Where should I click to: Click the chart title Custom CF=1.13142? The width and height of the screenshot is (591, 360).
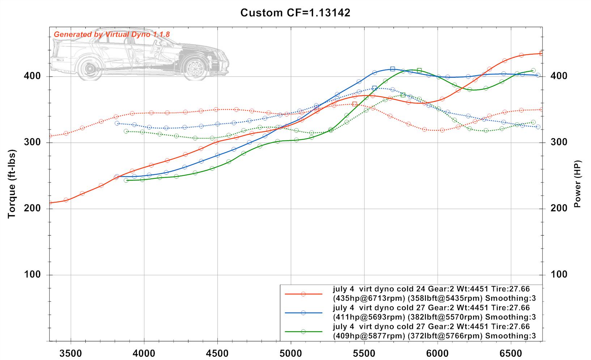[295, 13]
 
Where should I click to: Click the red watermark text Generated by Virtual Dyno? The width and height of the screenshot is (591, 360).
[111, 35]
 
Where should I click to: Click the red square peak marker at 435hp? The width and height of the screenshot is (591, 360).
[541, 54]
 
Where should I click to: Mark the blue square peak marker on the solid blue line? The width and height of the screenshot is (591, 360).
[392, 69]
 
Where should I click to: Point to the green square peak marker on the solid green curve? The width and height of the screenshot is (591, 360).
[419, 70]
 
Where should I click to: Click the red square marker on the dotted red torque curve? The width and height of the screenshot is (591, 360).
[354, 104]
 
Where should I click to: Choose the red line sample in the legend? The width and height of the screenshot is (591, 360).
[303, 294]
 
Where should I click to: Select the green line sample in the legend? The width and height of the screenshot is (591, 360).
[303, 331]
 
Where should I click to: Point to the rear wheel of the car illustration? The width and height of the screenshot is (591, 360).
[89, 68]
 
